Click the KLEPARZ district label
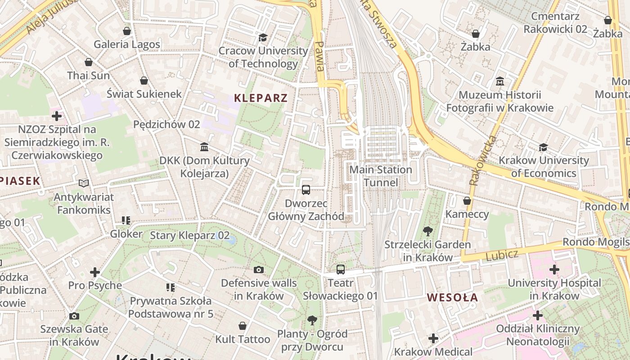tap(261, 98)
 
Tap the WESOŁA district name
tap(452, 297)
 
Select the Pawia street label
tap(319, 57)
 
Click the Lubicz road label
tap(502, 255)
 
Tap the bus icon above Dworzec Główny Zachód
tap(306, 189)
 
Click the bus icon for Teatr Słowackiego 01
tap(341, 270)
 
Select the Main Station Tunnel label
tap(381, 176)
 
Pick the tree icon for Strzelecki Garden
tap(427, 232)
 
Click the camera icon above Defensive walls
tap(259, 270)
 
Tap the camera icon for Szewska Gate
tap(74, 316)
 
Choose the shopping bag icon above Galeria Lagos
tap(127, 31)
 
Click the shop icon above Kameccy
tap(467, 201)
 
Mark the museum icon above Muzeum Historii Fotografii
tap(499, 81)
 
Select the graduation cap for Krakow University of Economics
tap(544, 147)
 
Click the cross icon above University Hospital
tap(554, 270)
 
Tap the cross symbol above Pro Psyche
tap(95, 272)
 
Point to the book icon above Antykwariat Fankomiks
tap(84, 183)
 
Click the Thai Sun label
tap(89, 75)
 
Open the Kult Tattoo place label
tap(243, 339)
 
